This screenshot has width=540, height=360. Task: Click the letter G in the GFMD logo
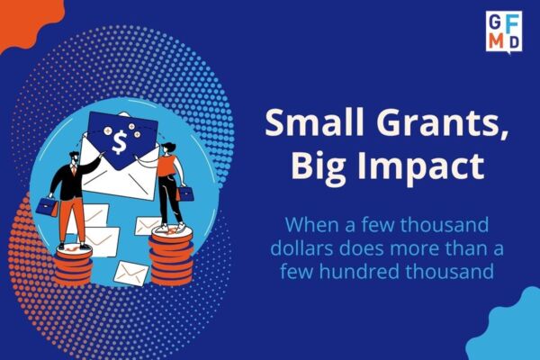[x=494, y=22]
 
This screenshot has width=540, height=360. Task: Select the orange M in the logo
[x=496, y=41]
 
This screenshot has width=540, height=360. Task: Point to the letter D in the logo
[x=514, y=42]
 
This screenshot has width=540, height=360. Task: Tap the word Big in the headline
[x=319, y=166]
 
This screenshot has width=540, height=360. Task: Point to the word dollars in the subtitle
[x=301, y=248]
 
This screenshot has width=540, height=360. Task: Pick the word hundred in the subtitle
[x=360, y=271]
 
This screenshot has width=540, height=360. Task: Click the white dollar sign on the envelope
[x=120, y=143]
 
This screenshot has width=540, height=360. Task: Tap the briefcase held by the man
[x=48, y=207]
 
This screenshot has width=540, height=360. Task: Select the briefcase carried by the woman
[x=185, y=193]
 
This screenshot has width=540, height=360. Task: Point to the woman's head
[x=167, y=148]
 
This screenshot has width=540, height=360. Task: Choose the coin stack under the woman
[x=171, y=257]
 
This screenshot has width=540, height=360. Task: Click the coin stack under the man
[x=73, y=265]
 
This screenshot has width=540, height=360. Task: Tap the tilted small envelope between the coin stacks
[x=131, y=274]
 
